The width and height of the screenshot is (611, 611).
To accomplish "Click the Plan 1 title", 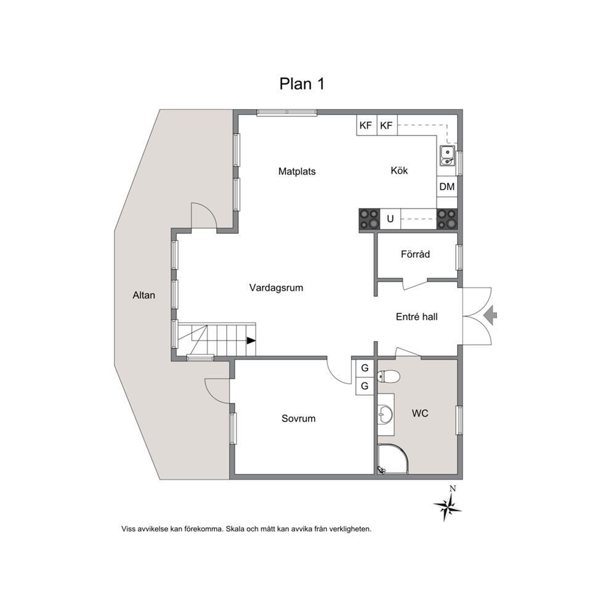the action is [x=302, y=84].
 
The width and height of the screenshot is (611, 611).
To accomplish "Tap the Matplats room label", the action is [x=297, y=171].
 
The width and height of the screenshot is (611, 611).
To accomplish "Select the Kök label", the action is [x=399, y=170].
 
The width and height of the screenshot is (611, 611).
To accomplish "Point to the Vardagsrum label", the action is [x=276, y=288].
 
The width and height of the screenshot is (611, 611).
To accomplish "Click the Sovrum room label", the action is [x=299, y=418].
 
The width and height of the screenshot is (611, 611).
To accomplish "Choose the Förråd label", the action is [x=415, y=254].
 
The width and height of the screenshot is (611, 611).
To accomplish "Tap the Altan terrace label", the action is [x=144, y=296].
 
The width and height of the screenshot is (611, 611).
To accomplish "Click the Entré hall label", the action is [x=416, y=317].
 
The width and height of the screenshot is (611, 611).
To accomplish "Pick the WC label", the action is [x=420, y=413].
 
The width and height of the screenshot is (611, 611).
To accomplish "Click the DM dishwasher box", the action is [x=447, y=187].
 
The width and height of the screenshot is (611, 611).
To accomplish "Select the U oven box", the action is [x=390, y=219].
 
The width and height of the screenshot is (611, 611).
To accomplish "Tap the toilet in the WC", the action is [x=389, y=376].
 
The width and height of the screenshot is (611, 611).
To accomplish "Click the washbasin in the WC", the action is [x=386, y=415].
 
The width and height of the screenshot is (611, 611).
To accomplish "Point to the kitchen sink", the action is [x=447, y=155].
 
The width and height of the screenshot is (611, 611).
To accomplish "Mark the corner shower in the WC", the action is [x=392, y=459].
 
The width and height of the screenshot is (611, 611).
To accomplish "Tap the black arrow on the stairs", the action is [x=251, y=341].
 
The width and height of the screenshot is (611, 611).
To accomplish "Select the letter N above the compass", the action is [x=453, y=488].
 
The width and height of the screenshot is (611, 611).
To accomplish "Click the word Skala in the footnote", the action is [x=235, y=529].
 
